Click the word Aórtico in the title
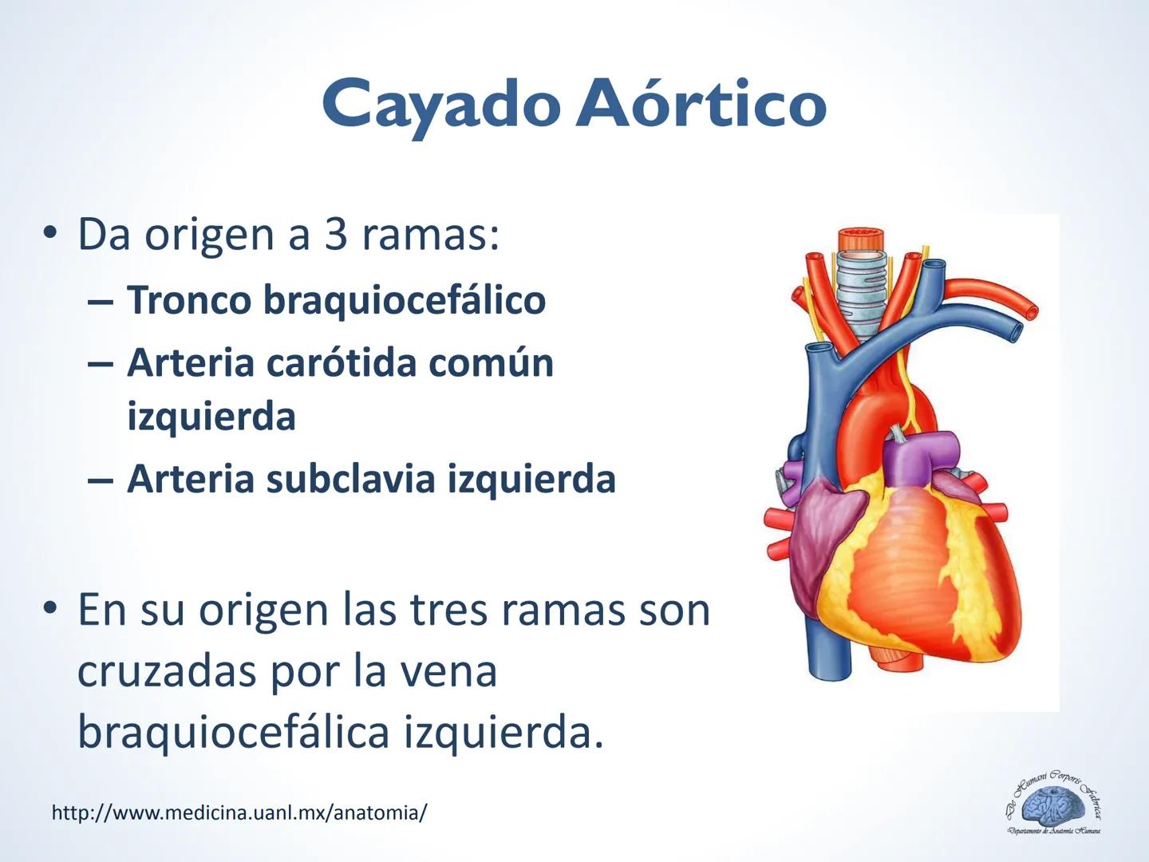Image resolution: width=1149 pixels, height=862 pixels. [701, 105]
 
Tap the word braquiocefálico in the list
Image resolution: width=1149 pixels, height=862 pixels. [405, 301]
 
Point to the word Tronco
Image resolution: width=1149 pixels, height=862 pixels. [189, 301]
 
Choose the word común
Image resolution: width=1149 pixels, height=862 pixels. [491, 363]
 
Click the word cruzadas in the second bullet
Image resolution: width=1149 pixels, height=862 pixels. [167, 671]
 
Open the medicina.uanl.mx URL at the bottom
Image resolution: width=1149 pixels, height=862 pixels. [239, 813]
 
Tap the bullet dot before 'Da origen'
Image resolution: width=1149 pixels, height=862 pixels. [51, 234]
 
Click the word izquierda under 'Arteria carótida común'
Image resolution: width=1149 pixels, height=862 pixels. [211, 417]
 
